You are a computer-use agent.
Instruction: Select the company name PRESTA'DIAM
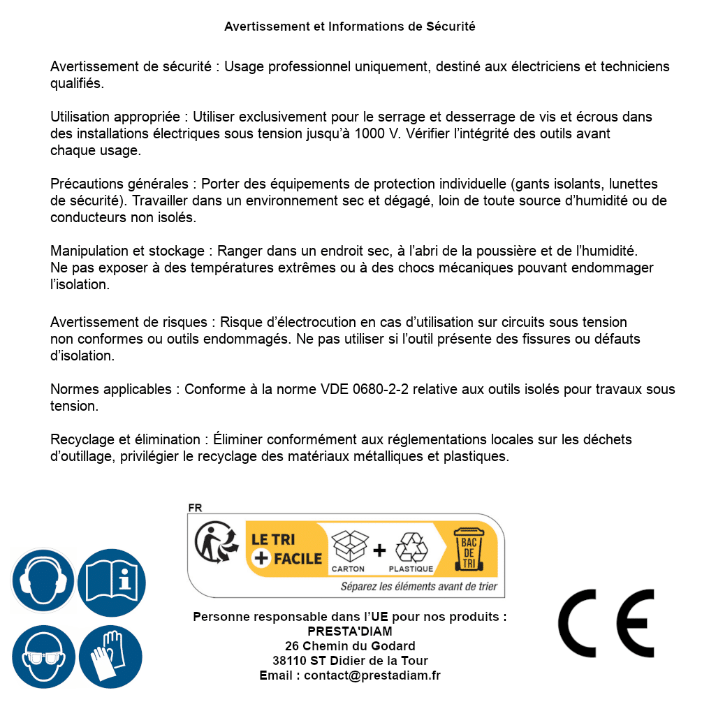350,631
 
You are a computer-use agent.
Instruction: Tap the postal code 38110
289,661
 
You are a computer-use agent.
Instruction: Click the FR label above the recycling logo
195,508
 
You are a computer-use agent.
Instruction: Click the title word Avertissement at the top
266,27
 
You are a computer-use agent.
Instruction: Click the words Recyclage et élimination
126,440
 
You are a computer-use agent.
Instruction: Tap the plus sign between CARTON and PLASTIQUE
379,550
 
